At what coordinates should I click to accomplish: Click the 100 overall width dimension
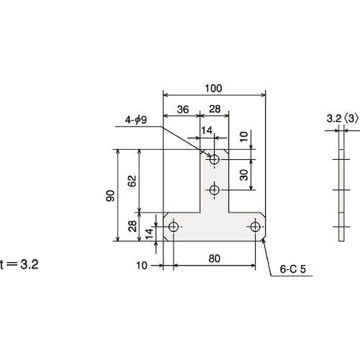[213, 89]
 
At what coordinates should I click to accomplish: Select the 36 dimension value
[183, 109]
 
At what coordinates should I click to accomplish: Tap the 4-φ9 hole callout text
[135, 120]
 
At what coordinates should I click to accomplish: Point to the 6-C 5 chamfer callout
[293, 269]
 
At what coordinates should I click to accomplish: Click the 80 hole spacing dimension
[215, 258]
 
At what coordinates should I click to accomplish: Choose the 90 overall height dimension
[110, 196]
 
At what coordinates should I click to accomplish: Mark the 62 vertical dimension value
[132, 181]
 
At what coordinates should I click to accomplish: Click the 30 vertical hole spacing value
[244, 175]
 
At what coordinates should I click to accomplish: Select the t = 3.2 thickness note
[19, 265]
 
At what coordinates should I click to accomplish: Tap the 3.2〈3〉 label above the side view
[343, 119]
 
